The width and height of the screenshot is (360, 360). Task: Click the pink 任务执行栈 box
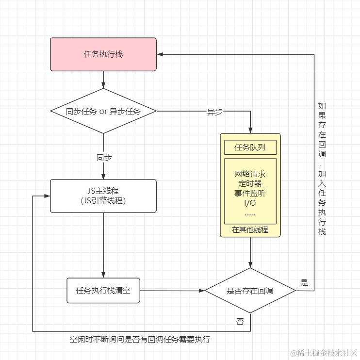click(103, 54)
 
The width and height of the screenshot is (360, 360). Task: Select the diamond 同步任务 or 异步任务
click(103, 111)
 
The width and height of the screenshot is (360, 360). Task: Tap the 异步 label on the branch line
click(214, 112)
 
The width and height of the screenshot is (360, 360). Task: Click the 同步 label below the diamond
click(104, 158)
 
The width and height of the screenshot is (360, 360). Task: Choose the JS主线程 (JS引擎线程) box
click(103, 196)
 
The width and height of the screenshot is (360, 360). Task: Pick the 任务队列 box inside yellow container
click(250, 147)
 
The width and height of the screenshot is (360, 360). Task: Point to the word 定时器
click(250, 183)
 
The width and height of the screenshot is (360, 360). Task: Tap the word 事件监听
click(250, 193)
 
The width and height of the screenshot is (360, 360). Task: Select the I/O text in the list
click(250, 203)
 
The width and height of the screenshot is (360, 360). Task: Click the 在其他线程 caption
click(250, 230)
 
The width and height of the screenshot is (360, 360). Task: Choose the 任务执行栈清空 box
click(103, 291)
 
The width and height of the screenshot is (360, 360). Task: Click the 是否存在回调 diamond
click(250, 291)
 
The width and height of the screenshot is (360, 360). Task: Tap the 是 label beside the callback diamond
click(304, 283)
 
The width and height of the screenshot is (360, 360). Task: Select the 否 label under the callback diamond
click(240, 322)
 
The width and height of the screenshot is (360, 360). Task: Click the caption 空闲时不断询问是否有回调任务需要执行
click(140, 340)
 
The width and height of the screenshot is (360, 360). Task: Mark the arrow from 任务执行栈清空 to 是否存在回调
click(172, 291)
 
